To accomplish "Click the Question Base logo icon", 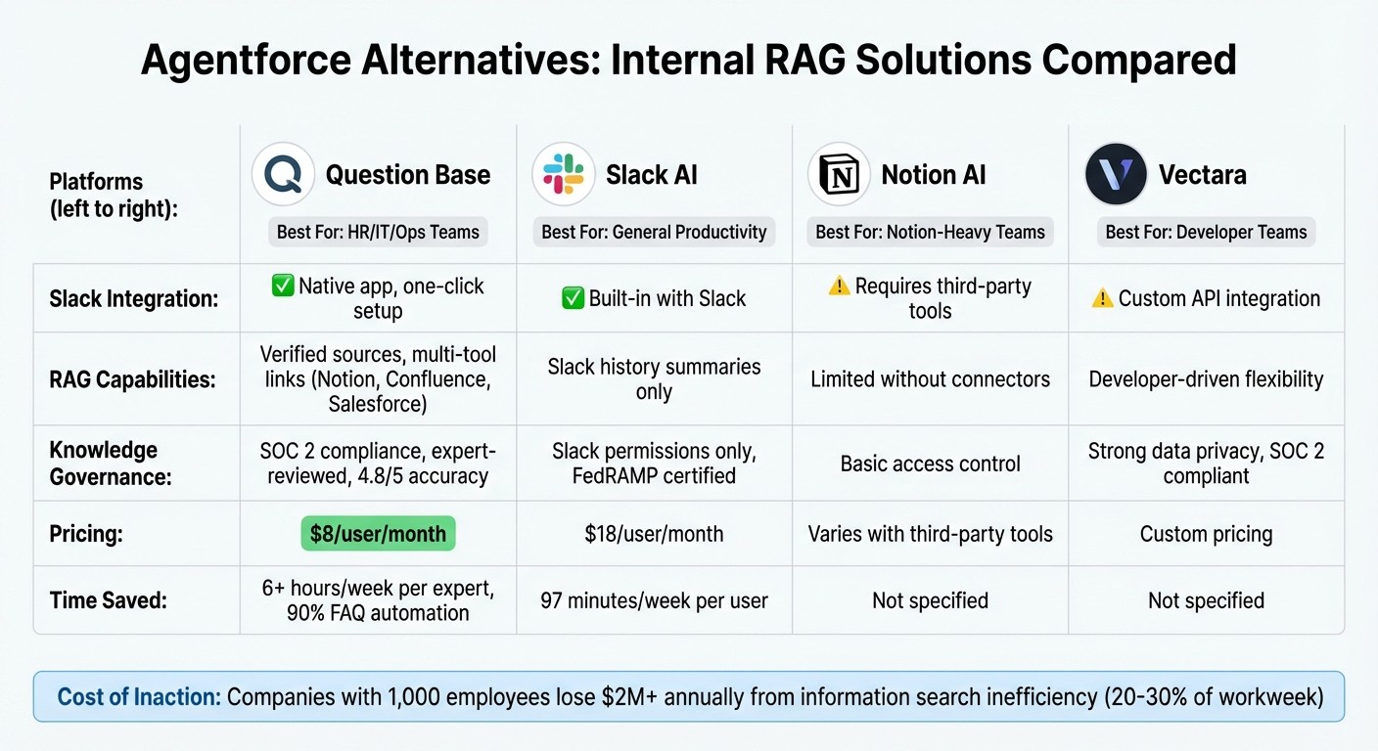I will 283,175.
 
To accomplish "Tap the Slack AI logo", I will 564,175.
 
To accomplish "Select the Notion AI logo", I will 839,175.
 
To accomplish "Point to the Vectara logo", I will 1116,175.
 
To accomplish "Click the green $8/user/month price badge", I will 378,534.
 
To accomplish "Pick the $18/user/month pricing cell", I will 654,534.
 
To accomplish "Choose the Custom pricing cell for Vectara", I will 1206,534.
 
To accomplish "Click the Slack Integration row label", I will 134,298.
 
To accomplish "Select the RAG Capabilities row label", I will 132,378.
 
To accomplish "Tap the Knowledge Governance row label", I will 110,464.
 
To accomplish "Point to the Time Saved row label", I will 108,599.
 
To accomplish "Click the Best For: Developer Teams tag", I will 1206,232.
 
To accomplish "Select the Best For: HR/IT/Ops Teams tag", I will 378,232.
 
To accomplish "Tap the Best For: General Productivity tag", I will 654,232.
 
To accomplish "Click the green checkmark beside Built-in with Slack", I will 573,298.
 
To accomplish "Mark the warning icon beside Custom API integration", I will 1102,298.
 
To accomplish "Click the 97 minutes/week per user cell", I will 654,599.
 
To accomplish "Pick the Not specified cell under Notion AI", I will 930,599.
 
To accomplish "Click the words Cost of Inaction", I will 138,697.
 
